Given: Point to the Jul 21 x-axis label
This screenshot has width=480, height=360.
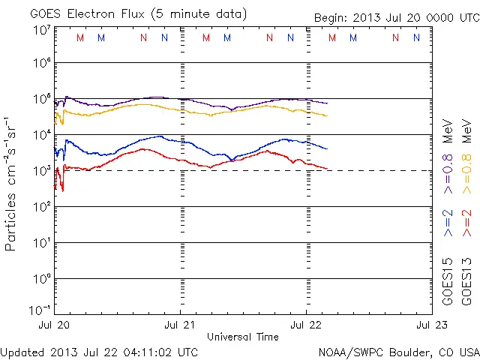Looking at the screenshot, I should tap(180, 325).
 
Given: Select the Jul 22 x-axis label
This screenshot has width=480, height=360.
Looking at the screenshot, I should tap(306, 325).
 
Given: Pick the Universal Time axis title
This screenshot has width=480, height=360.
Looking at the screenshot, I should tap(242, 337).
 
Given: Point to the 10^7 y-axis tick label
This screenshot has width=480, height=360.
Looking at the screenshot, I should tap(40, 30).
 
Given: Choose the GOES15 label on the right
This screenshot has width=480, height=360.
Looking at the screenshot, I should tap(448, 282).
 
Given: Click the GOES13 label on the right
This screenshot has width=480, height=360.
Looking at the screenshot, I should tap(466, 282).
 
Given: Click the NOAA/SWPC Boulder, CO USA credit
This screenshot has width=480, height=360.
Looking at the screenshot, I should tap(398, 352).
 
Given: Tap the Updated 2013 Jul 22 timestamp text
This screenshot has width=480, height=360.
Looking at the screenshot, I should tap(100, 352).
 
